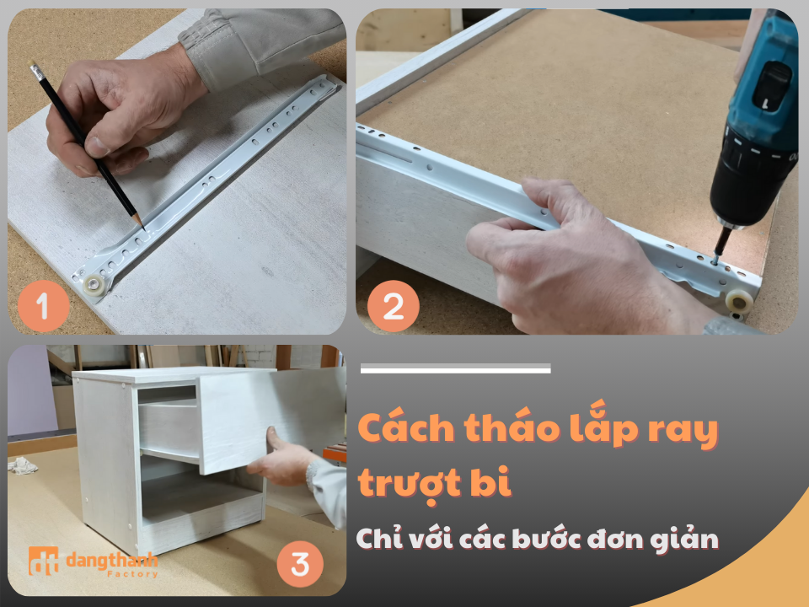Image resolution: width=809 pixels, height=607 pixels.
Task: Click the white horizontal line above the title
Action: pyautogui.click(x=455, y=368)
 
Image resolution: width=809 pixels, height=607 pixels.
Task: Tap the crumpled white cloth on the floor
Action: pyautogui.click(x=23, y=465)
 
